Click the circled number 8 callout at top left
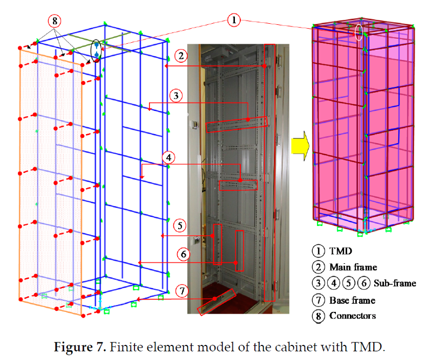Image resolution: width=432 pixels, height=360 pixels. pyautogui.click(x=55, y=21)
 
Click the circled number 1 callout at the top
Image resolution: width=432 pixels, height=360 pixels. pyautogui.click(x=234, y=20)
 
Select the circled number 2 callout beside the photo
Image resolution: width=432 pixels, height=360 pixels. pyautogui.click(x=181, y=56)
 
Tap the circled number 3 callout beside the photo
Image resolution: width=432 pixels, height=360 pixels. pyautogui.click(x=176, y=96)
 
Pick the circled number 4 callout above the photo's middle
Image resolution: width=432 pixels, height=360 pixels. pyautogui.click(x=168, y=157)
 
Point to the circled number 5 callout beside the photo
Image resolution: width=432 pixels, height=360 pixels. pyautogui.click(x=180, y=225)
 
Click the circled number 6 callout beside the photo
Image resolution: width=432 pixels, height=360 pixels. pyautogui.click(x=183, y=254)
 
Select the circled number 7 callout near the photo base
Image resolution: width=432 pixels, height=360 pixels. pyautogui.click(x=182, y=291)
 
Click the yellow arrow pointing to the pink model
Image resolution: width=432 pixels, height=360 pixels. pyautogui.click(x=301, y=146)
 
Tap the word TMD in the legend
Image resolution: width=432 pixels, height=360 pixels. pyautogui.click(x=341, y=251)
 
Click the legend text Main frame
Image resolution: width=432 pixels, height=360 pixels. pyautogui.click(x=354, y=267)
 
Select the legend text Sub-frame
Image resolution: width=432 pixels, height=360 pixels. pyautogui.click(x=395, y=283)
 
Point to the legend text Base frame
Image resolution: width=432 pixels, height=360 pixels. pyautogui.click(x=353, y=300)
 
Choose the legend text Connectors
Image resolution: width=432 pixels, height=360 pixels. pyautogui.click(x=353, y=316)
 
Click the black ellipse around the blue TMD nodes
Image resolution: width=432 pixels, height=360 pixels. pyautogui.click(x=96, y=51)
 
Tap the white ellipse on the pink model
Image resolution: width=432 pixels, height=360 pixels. pyautogui.click(x=359, y=32)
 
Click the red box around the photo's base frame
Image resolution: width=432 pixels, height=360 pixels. pyautogui.click(x=217, y=302)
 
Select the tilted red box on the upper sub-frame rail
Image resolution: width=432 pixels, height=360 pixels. pyautogui.click(x=237, y=124)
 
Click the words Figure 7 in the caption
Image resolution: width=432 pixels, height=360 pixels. pyautogui.click(x=80, y=347)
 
